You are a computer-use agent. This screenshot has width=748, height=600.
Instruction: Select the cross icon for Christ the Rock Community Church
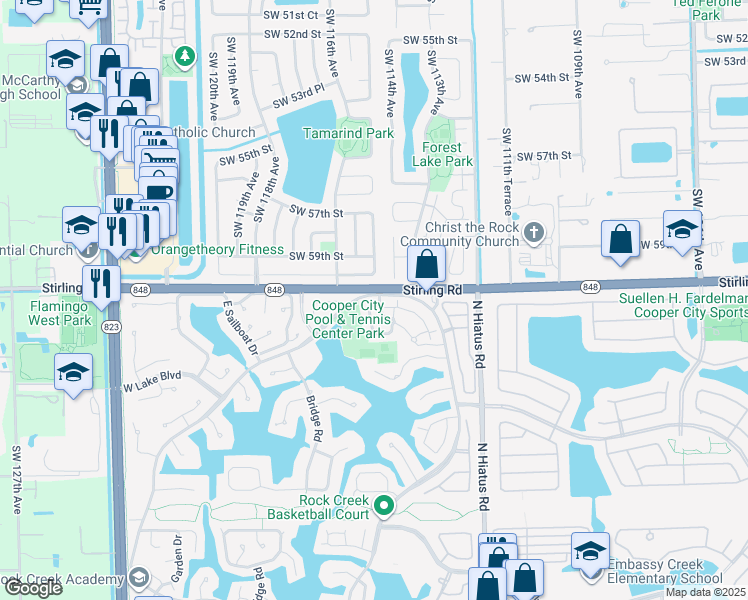pyautogui.click(x=535, y=234)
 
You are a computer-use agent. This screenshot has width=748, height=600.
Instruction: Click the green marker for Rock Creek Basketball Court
pyautogui.click(x=384, y=509)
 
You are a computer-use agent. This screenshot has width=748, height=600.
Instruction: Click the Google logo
pyautogui.click(x=32, y=588)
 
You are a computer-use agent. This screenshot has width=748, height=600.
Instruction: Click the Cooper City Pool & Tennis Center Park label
pyautogui.click(x=348, y=319)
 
